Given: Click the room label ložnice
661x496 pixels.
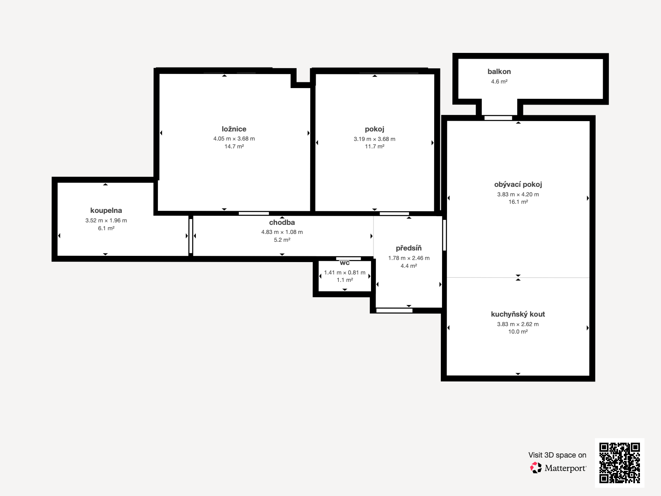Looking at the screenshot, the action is pyautogui.click(x=234, y=129).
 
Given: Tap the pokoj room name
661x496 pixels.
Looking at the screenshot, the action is pyautogui.click(x=374, y=129).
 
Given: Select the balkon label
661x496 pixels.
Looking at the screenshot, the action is pyautogui.click(x=499, y=72).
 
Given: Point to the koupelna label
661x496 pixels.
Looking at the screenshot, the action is pyautogui.click(x=106, y=210).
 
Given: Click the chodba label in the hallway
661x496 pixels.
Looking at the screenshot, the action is pyautogui.click(x=282, y=222).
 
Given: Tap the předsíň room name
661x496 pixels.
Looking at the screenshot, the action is pyautogui.click(x=409, y=248).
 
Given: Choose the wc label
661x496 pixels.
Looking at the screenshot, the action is pyautogui.click(x=345, y=263).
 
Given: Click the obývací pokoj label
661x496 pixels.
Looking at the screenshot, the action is pyautogui.click(x=518, y=185).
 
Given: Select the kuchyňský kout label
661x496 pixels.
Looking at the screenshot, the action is pyautogui.click(x=518, y=315).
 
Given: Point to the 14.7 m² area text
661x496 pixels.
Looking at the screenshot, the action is pyautogui.click(x=234, y=147).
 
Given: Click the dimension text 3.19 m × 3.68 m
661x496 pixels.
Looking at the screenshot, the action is pyautogui.click(x=374, y=139).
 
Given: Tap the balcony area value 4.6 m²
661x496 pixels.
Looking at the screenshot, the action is pyautogui.click(x=499, y=81).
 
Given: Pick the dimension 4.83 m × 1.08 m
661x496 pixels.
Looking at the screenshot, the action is pyautogui.click(x=282, y=232).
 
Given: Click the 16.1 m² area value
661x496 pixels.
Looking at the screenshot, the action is pyautogui.click(x=518, y=202).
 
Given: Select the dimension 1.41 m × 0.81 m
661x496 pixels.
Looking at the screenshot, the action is pyautogui.click(x=345, y=272).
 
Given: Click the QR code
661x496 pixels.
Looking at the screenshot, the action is pyautogui.click(x=619, y=463).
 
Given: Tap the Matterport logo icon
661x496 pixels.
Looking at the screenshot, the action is pyautogui.click(x=536, y=468).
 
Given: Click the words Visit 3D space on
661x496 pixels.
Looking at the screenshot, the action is pyautogui.click(x=557, y=455).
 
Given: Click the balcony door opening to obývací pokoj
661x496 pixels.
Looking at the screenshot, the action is pyautogui.click(x=498, y=118).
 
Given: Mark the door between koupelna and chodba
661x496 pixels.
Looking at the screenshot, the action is pyautogui.click(x=190, y=236).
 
